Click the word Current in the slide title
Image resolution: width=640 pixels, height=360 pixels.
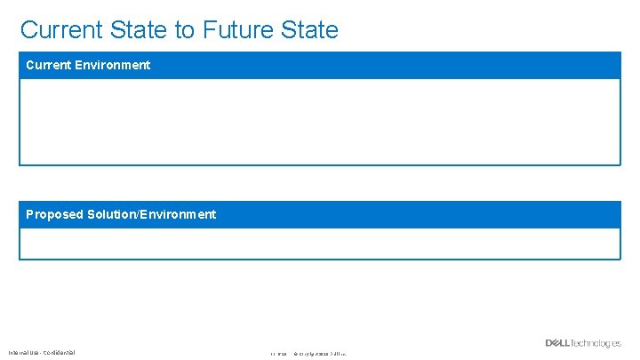pyautogui.click(x=60, y=29)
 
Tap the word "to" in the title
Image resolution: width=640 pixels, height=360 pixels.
pyautogui.click(x=185, y=29)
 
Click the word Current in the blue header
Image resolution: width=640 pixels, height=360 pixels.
pyautogui.click(x=46, y=65)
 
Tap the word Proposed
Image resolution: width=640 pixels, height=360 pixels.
pyautogui.click(x=54, y=214)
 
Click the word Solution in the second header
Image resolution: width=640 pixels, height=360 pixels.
pyautogui.click(x=111, y=214)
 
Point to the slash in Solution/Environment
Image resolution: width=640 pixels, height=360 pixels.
pyautogui.click(x=139, y=214)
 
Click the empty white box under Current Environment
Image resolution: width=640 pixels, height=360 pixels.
pyautogui.click(x=320, y=122)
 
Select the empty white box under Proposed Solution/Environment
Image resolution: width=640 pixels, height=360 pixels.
pyautogui.click(x=320, y=244)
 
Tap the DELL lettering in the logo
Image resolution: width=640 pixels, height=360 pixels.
pyautogui.click(x=558, y=343)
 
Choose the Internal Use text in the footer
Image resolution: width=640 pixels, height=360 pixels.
pyautogui.click(x=24, y=353)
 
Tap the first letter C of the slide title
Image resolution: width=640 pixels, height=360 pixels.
pyautogui.click(x=28, y=29)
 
